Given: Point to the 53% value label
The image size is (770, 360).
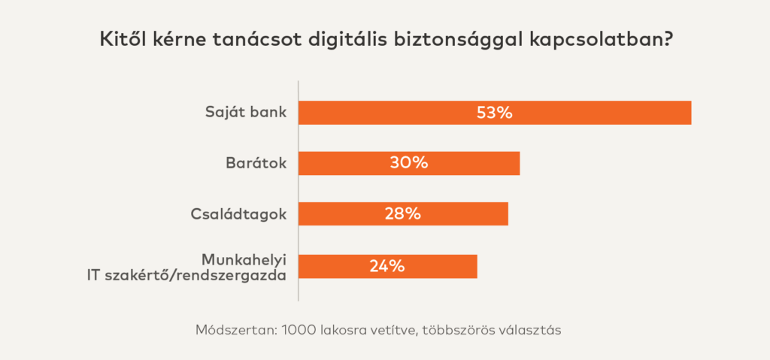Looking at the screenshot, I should [x=494, y=113].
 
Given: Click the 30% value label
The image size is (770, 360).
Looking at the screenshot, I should [x=408, y=163].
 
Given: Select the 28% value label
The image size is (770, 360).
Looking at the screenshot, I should [x=402, y=213].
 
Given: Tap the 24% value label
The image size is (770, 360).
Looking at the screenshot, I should [x=387, y=266].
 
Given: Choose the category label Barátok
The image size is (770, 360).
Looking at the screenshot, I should [x=256, y=163].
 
